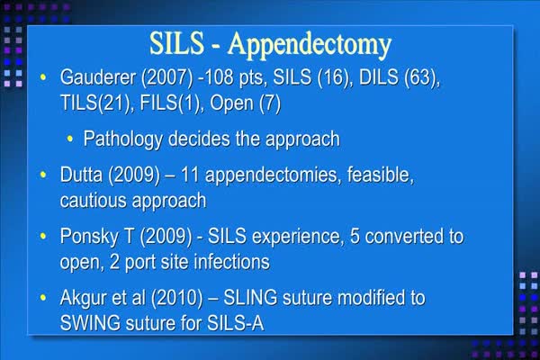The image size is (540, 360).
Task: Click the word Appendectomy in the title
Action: tap(310, 45)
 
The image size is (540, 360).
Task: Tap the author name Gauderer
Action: tap(98, 76)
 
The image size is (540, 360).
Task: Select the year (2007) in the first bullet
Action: tap(166, 77)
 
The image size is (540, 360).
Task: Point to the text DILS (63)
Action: tap(399, 76)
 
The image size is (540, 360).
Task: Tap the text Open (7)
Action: tap(245, 103)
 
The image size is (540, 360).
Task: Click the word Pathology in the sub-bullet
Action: tap(123, 139)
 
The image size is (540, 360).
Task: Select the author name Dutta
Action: tap(81, 175)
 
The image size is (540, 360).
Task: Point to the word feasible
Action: tap(380, 175)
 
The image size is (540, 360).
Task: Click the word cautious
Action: tap(94, 201)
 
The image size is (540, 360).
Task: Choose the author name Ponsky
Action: tap(89, 237)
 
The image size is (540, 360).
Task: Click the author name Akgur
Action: tap(85, 298)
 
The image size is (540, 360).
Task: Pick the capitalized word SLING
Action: tap(250, 298)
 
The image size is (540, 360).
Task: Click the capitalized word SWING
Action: tap(90, 323)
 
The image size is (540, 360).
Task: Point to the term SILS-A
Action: tap(236, 323)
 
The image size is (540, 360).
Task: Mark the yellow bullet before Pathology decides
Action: tap(70, 139)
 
